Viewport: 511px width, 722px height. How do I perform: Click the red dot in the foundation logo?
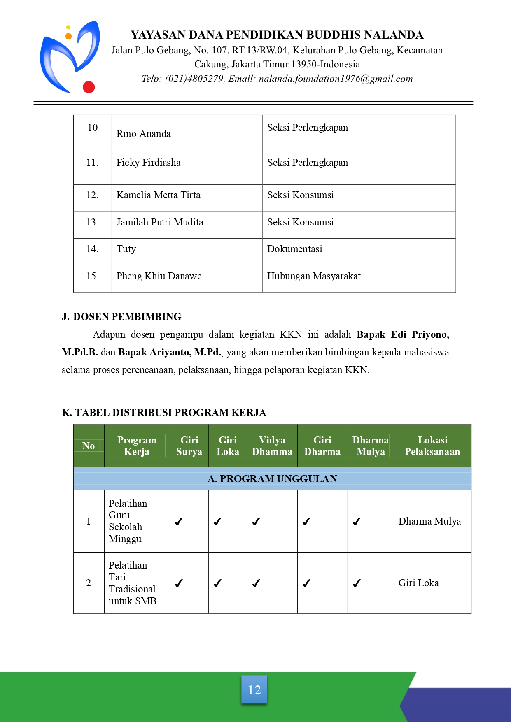[x=89, y=87]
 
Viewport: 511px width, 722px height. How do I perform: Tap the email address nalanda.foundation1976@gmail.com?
[x=336, y=79]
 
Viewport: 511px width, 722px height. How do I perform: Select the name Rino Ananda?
[x=143, y=134]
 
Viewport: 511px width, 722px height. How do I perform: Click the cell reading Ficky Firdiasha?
[x=148, y=163]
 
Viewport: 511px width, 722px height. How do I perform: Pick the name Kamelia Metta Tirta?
[x=158, y=195]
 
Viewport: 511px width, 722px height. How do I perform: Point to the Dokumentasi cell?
[x=294, y=249]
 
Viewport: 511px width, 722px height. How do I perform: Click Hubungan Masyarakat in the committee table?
[x=313, y=276]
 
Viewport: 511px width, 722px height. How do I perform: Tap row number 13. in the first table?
[x=92, y=222]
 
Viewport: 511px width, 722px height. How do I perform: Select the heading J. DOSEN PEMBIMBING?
[x=121, y=317]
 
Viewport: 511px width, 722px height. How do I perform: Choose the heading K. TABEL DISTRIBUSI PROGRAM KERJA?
[x=164, y=413]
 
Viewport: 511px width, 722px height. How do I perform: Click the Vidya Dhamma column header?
[x=272, y=446]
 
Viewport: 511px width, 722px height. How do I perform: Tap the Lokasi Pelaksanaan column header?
[x=432, y=446]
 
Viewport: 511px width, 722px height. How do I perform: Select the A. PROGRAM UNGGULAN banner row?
[x=272, y=478]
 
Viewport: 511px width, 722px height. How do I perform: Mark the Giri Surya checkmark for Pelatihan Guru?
[x=179, y=522]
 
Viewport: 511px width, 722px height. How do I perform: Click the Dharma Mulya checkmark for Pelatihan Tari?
[x=357, y=583]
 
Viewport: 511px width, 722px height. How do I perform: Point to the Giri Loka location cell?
[x=418, y=583]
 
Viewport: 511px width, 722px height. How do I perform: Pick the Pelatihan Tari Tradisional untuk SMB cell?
[x=132, y=583]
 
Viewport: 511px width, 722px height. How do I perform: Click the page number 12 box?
[x=254, y=689]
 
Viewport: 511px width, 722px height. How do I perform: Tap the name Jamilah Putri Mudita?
[x=160, y=222]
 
